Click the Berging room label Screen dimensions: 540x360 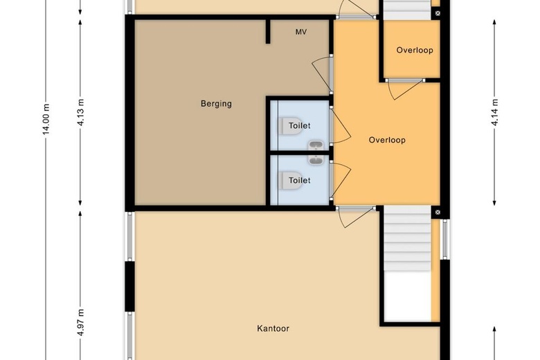pyautogui.click(x=216, y=104)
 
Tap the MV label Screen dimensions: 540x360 pyautogui.click(x=301, y=32)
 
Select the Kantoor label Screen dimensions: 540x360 pyautogui.click(x=273, y=328)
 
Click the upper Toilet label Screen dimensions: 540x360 pyautogui.click(x=300, y=126)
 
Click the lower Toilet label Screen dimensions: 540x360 pyautogui.click(x=300, y=181)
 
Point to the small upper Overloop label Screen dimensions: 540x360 pyautogui.click(x=415, y=51)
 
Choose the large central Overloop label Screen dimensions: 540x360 pyautogui.click(x=387, y=141)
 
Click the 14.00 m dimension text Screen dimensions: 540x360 pyautogui.click(x=46, y=119)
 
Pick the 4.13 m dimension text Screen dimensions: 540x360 pyautogui.click(x=81, y=112)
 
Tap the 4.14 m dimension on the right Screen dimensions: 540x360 pyautogui.click(x=495, y=112)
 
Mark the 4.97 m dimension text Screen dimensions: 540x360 pyautogui.click(x=81, y=323)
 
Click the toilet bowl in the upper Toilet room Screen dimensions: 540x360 pyautogui.click(x=289, y=126)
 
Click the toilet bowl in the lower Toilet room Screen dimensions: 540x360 pyautogui.click(x=289, y=180)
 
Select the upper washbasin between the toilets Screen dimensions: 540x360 pyautogui.click(x=316, y=145)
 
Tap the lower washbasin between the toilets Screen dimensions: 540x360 pyautogui.click(x=316, y=160)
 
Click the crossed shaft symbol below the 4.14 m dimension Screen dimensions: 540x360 pyautogui.click(x=438, y=213)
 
